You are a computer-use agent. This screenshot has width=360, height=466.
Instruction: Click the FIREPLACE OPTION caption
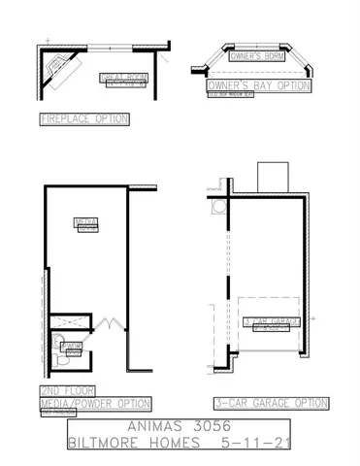pos(83,119)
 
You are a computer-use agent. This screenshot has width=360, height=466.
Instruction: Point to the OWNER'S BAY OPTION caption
pos(258,85)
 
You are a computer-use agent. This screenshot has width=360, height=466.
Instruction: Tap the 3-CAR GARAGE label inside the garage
pos(272,321)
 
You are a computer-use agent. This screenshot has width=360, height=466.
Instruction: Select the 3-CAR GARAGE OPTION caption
pos(271,402)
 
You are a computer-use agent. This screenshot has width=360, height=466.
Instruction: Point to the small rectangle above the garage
pos(271,177)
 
